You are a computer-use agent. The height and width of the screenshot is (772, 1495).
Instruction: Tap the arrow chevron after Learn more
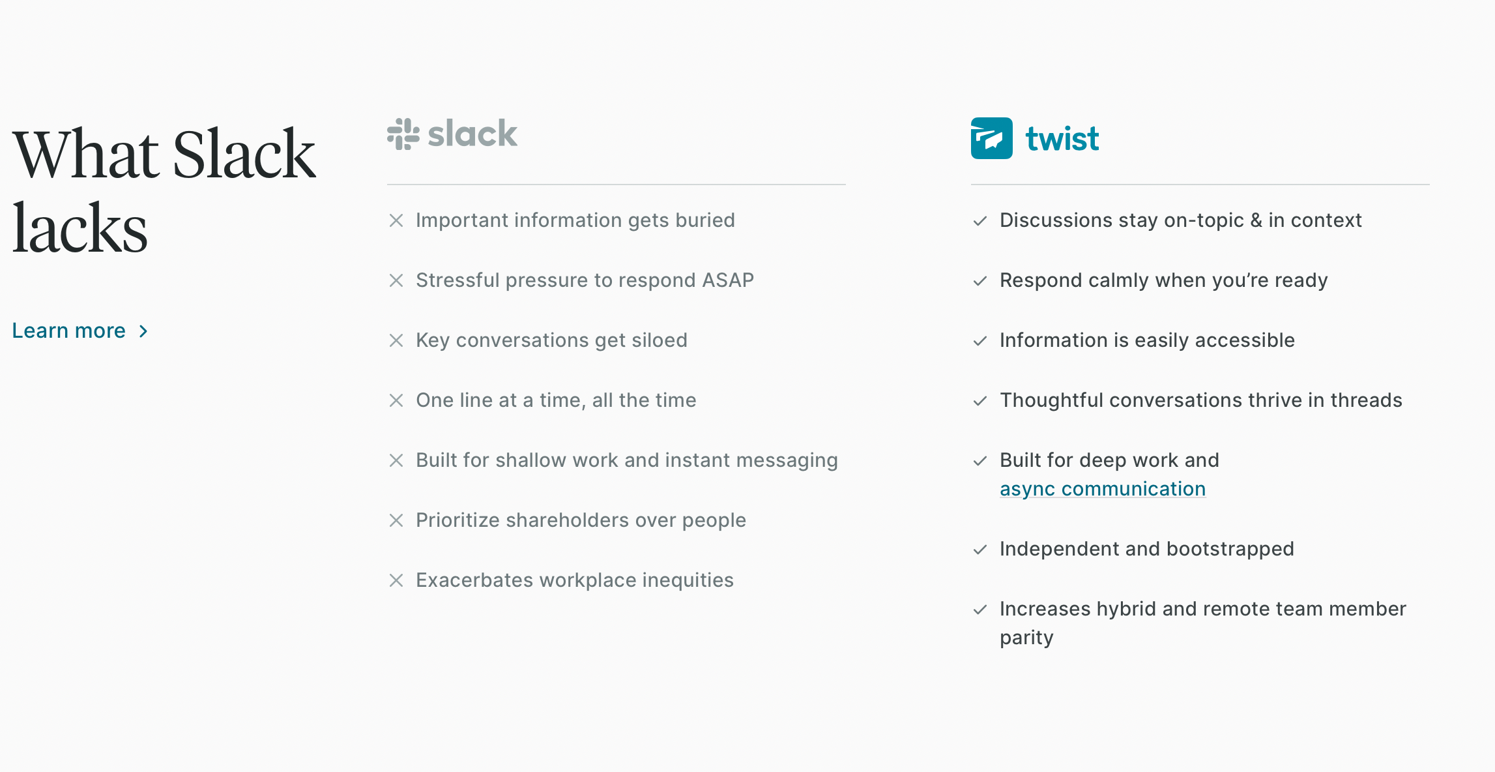click(143, 331)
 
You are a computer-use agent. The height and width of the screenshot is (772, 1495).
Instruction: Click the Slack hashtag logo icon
click(403, 134)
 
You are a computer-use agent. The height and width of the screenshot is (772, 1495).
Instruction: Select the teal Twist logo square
click(991, 138)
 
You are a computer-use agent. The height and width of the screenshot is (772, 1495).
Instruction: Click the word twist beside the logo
click(1062, 139)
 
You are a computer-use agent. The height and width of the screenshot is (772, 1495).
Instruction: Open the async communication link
click(1103, 489)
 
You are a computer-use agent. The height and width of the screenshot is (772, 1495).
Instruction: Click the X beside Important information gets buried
click(396, 220)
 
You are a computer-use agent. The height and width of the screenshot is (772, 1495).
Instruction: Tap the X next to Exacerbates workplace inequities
click(396, 580)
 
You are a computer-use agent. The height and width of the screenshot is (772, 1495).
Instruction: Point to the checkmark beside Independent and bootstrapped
click(980, 550)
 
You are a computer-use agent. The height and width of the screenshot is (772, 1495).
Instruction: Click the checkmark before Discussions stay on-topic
click(980, 221)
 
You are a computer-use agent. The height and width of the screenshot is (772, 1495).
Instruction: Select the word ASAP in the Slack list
click(728, 280)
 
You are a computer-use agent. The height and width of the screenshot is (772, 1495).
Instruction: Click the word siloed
click(660, 340)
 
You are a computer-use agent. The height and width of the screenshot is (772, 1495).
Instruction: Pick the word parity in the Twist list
click(1026, 638)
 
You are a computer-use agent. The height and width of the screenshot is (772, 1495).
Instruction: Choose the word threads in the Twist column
click(1366, 400)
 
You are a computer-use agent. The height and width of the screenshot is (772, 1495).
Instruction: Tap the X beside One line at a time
click(396, 400)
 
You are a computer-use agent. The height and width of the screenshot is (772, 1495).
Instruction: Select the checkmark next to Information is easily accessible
click(980, 341)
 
